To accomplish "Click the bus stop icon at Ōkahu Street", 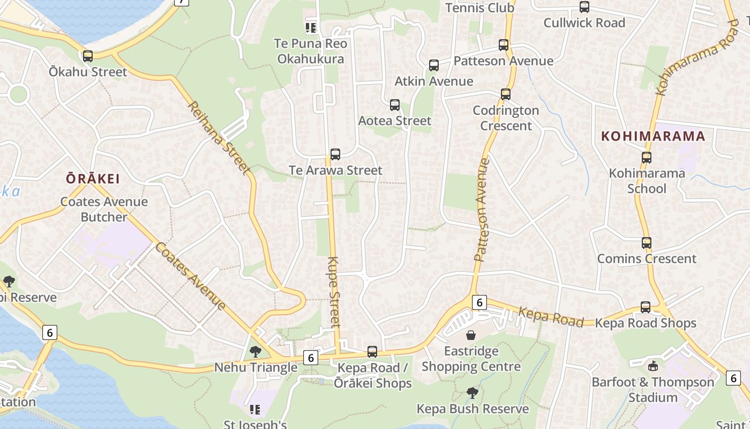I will (88, 56).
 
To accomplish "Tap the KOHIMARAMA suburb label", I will (653, 136).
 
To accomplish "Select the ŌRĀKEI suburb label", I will (93, 179).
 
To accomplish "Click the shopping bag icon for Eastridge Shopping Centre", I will (471, 336).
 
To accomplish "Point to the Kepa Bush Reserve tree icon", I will (472, 393).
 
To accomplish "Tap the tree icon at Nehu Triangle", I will (256, 352).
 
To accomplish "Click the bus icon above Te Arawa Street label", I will (335, 154).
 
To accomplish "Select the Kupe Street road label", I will (334, 292).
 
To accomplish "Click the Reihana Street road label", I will (219, 138).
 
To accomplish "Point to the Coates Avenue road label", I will (191, 276).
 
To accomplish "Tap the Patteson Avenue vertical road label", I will (482, 209).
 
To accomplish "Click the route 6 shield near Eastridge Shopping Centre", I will (479, 302).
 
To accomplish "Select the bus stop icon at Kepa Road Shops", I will (646, 307).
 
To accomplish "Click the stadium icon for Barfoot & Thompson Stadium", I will (652, 366).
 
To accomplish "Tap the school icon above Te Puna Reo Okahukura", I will (311, 27).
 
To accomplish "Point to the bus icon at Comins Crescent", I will (647, 243).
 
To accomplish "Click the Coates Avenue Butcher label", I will (104, 209).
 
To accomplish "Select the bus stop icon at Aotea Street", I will (395, 105).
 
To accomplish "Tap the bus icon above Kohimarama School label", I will (647, 158).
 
